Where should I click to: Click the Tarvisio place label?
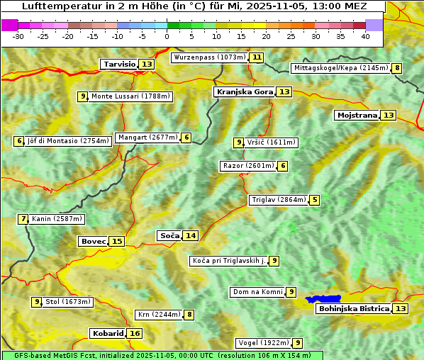click(x=119, y=64)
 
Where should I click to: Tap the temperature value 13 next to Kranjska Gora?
click(x=284, y=92)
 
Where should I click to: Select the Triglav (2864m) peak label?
click(x=279, y=200)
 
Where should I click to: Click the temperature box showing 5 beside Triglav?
click(x=315, y=200)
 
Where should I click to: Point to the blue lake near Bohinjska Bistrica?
click(x=323, y=300)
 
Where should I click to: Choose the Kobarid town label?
click(x=108, y=334)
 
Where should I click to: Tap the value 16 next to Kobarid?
click(x=135, y=334)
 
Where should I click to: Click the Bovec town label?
click(x=93, y=242)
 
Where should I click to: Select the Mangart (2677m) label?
click(x=147, y=137)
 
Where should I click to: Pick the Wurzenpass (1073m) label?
click(x=209, y=57)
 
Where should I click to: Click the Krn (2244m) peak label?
click(x=158, y=315)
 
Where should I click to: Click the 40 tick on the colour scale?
click(x=365, y=36)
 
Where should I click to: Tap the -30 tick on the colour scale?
click(x=18, y=36)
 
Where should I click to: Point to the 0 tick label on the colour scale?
click(x=167, y=36)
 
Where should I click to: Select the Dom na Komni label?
click(x=257, y=292)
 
